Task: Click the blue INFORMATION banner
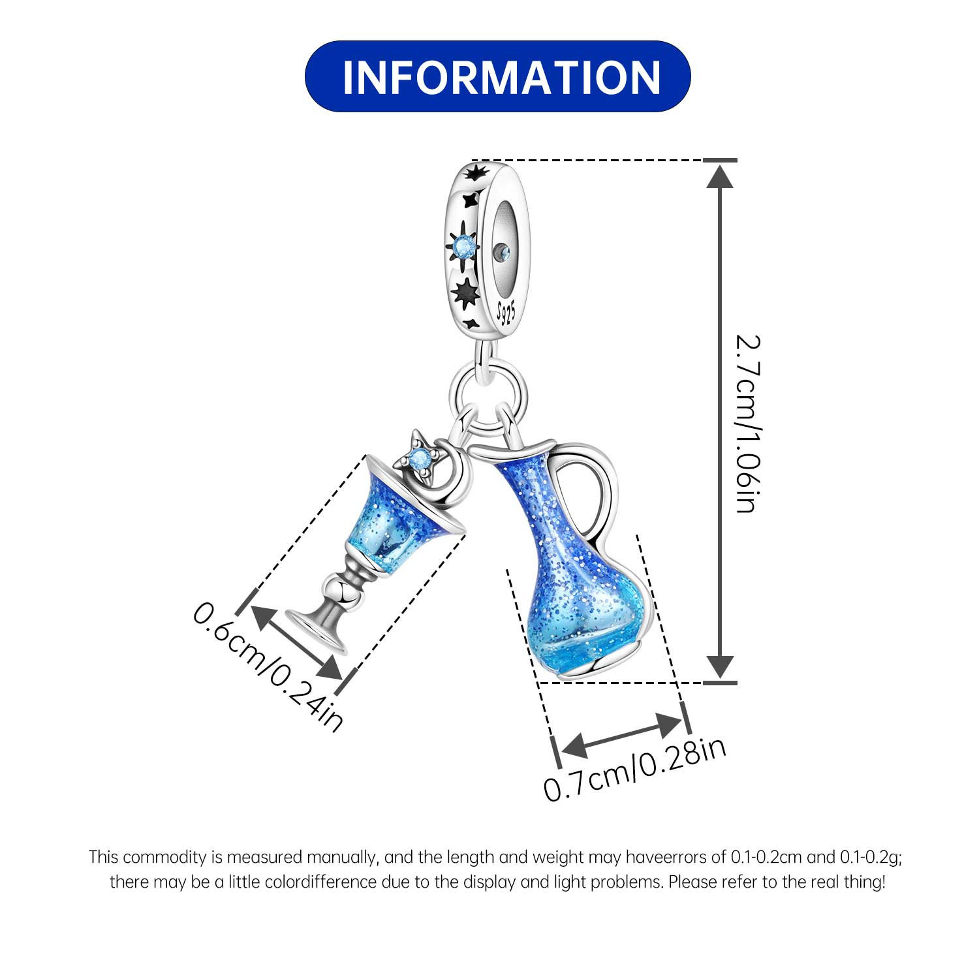tap(497, 76)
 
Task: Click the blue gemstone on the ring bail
tap(464, 245)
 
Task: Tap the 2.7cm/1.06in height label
tap(746, 424)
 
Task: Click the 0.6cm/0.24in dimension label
tap(268, 666)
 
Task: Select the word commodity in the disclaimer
tap(165, 856)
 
